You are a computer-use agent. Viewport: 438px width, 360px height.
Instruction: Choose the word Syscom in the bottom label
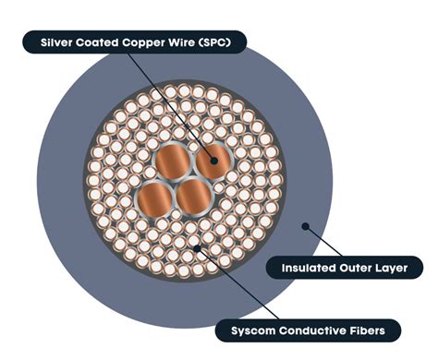click(244, 329)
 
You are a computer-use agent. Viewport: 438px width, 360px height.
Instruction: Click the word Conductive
click(308, 329)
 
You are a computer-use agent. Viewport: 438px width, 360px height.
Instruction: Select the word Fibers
click(370, 329)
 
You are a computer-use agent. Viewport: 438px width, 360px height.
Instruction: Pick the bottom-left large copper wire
click(158, 198)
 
